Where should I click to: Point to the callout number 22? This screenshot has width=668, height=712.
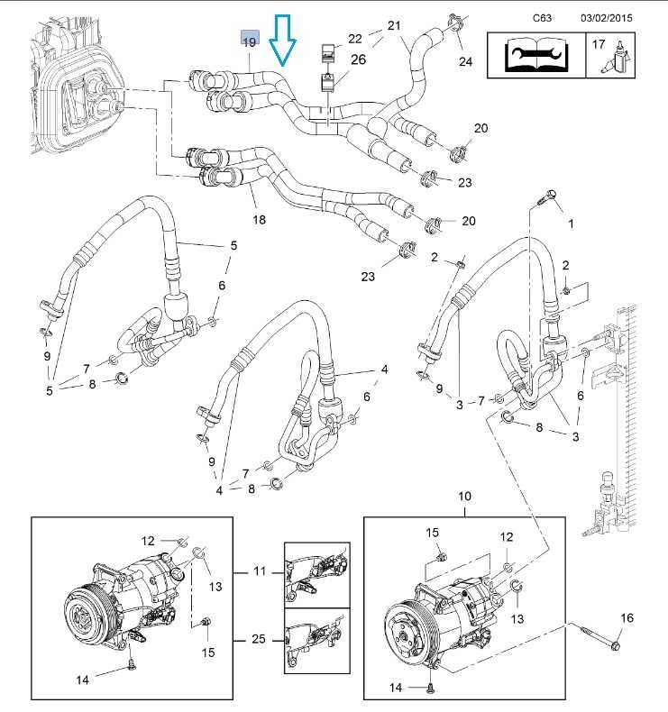(x=355, y=37)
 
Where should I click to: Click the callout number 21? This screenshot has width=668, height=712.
(x=394, y=25)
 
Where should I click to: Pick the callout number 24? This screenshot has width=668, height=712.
(x=465, y=61)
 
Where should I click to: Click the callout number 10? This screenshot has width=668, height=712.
(x=465, y=497)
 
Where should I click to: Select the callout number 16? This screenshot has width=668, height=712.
(x=627, y=617)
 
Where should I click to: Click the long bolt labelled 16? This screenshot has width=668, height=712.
(x=598, y=634)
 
